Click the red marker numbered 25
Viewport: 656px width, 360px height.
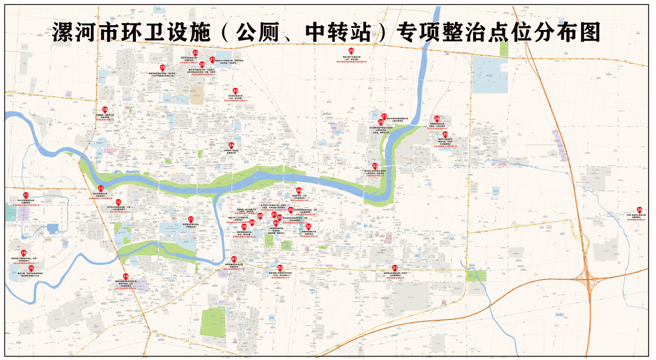coord(351,51)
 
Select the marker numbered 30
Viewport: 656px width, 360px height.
coord(639,209)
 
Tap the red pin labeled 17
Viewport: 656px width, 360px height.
coord(26,196)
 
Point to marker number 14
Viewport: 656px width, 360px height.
coord(126,276)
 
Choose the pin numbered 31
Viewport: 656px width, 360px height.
coord(394,268)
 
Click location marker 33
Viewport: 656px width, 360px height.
coord(375,166)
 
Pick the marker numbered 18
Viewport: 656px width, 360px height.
coord(105,109)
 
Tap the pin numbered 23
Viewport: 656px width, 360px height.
coord(236,91)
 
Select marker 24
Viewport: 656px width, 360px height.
coord(232,145)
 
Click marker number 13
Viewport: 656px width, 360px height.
coord(101,188)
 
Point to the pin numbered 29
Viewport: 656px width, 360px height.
coord(446,134)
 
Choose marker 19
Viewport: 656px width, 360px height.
coord(162,68)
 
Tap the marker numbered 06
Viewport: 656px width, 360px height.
coord(299,190)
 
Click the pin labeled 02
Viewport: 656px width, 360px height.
coord(280,268)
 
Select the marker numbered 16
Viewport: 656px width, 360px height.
coord(24,253)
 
